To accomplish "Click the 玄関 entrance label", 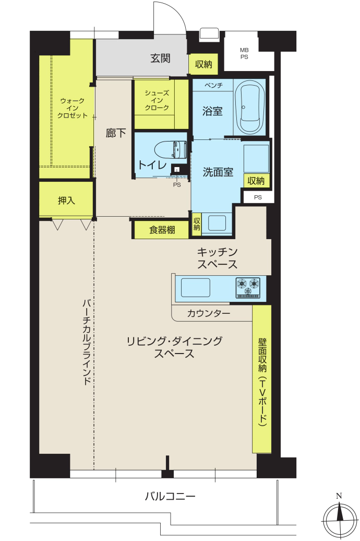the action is coord(160,58).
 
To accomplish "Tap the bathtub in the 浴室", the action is coord(250,108).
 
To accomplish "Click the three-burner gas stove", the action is coord(248,288).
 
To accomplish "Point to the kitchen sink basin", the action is coord(196,288).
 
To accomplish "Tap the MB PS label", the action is coord(244,53).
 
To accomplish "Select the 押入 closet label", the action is coord(66,200).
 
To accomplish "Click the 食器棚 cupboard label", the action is coord(162,230).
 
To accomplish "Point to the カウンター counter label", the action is coord(209,313).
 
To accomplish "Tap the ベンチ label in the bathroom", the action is coord(213,85).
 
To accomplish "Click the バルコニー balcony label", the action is coord(170,497).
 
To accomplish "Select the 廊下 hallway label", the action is coord(115,133).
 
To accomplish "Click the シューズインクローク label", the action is coord(157,100).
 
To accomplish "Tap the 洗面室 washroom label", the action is coord(218,172).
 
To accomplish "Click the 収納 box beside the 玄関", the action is coord(203,64).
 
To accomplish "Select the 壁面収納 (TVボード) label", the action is coord(262,382).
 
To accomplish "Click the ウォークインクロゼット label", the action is coord(73,108).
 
